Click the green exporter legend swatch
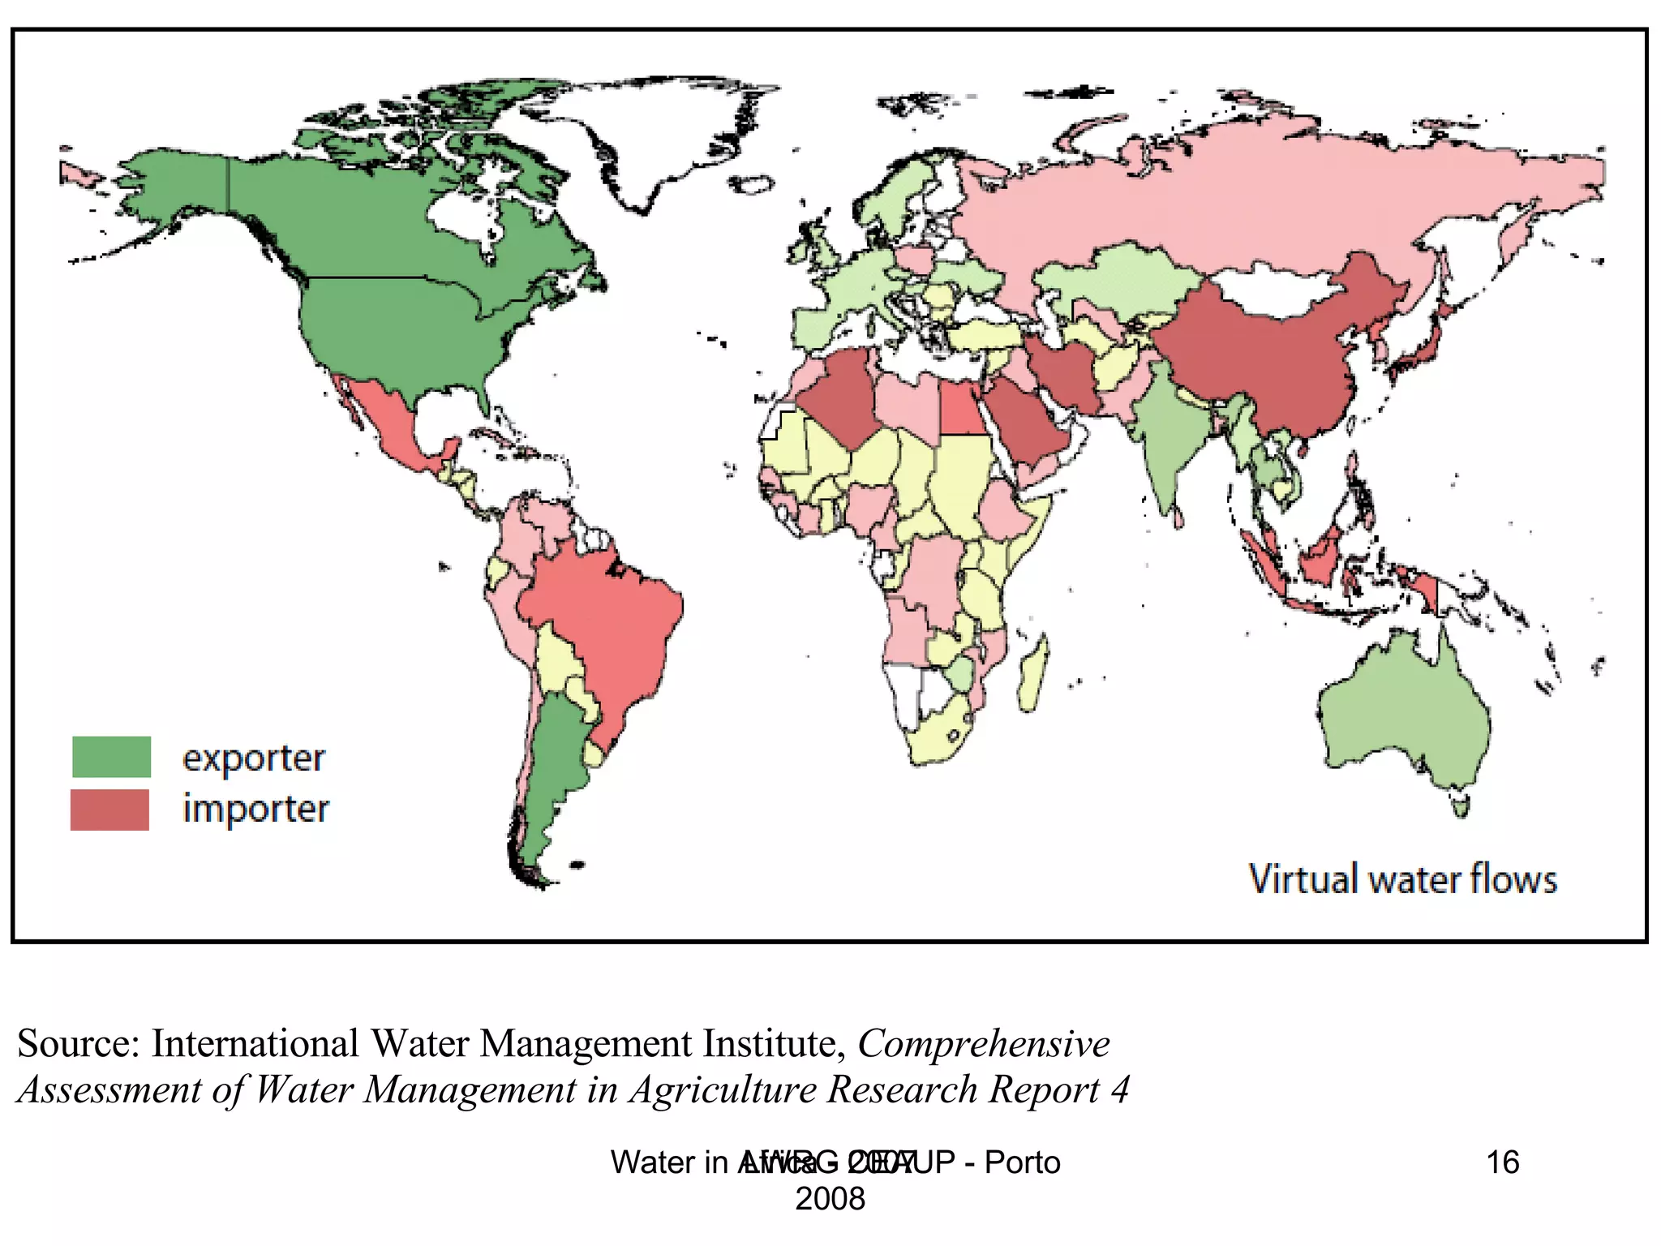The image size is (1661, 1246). pos(111,757)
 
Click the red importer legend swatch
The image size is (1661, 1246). pos(109,810)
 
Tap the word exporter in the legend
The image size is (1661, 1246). pos(253,759)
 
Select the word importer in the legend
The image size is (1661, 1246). pos(255,810)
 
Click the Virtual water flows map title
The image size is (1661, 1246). pos(1402,879)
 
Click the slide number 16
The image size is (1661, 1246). pos(1502,1162)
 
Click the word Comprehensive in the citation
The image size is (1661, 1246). pos(984,1044)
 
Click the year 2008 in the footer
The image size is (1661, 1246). pos(830,1199)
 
